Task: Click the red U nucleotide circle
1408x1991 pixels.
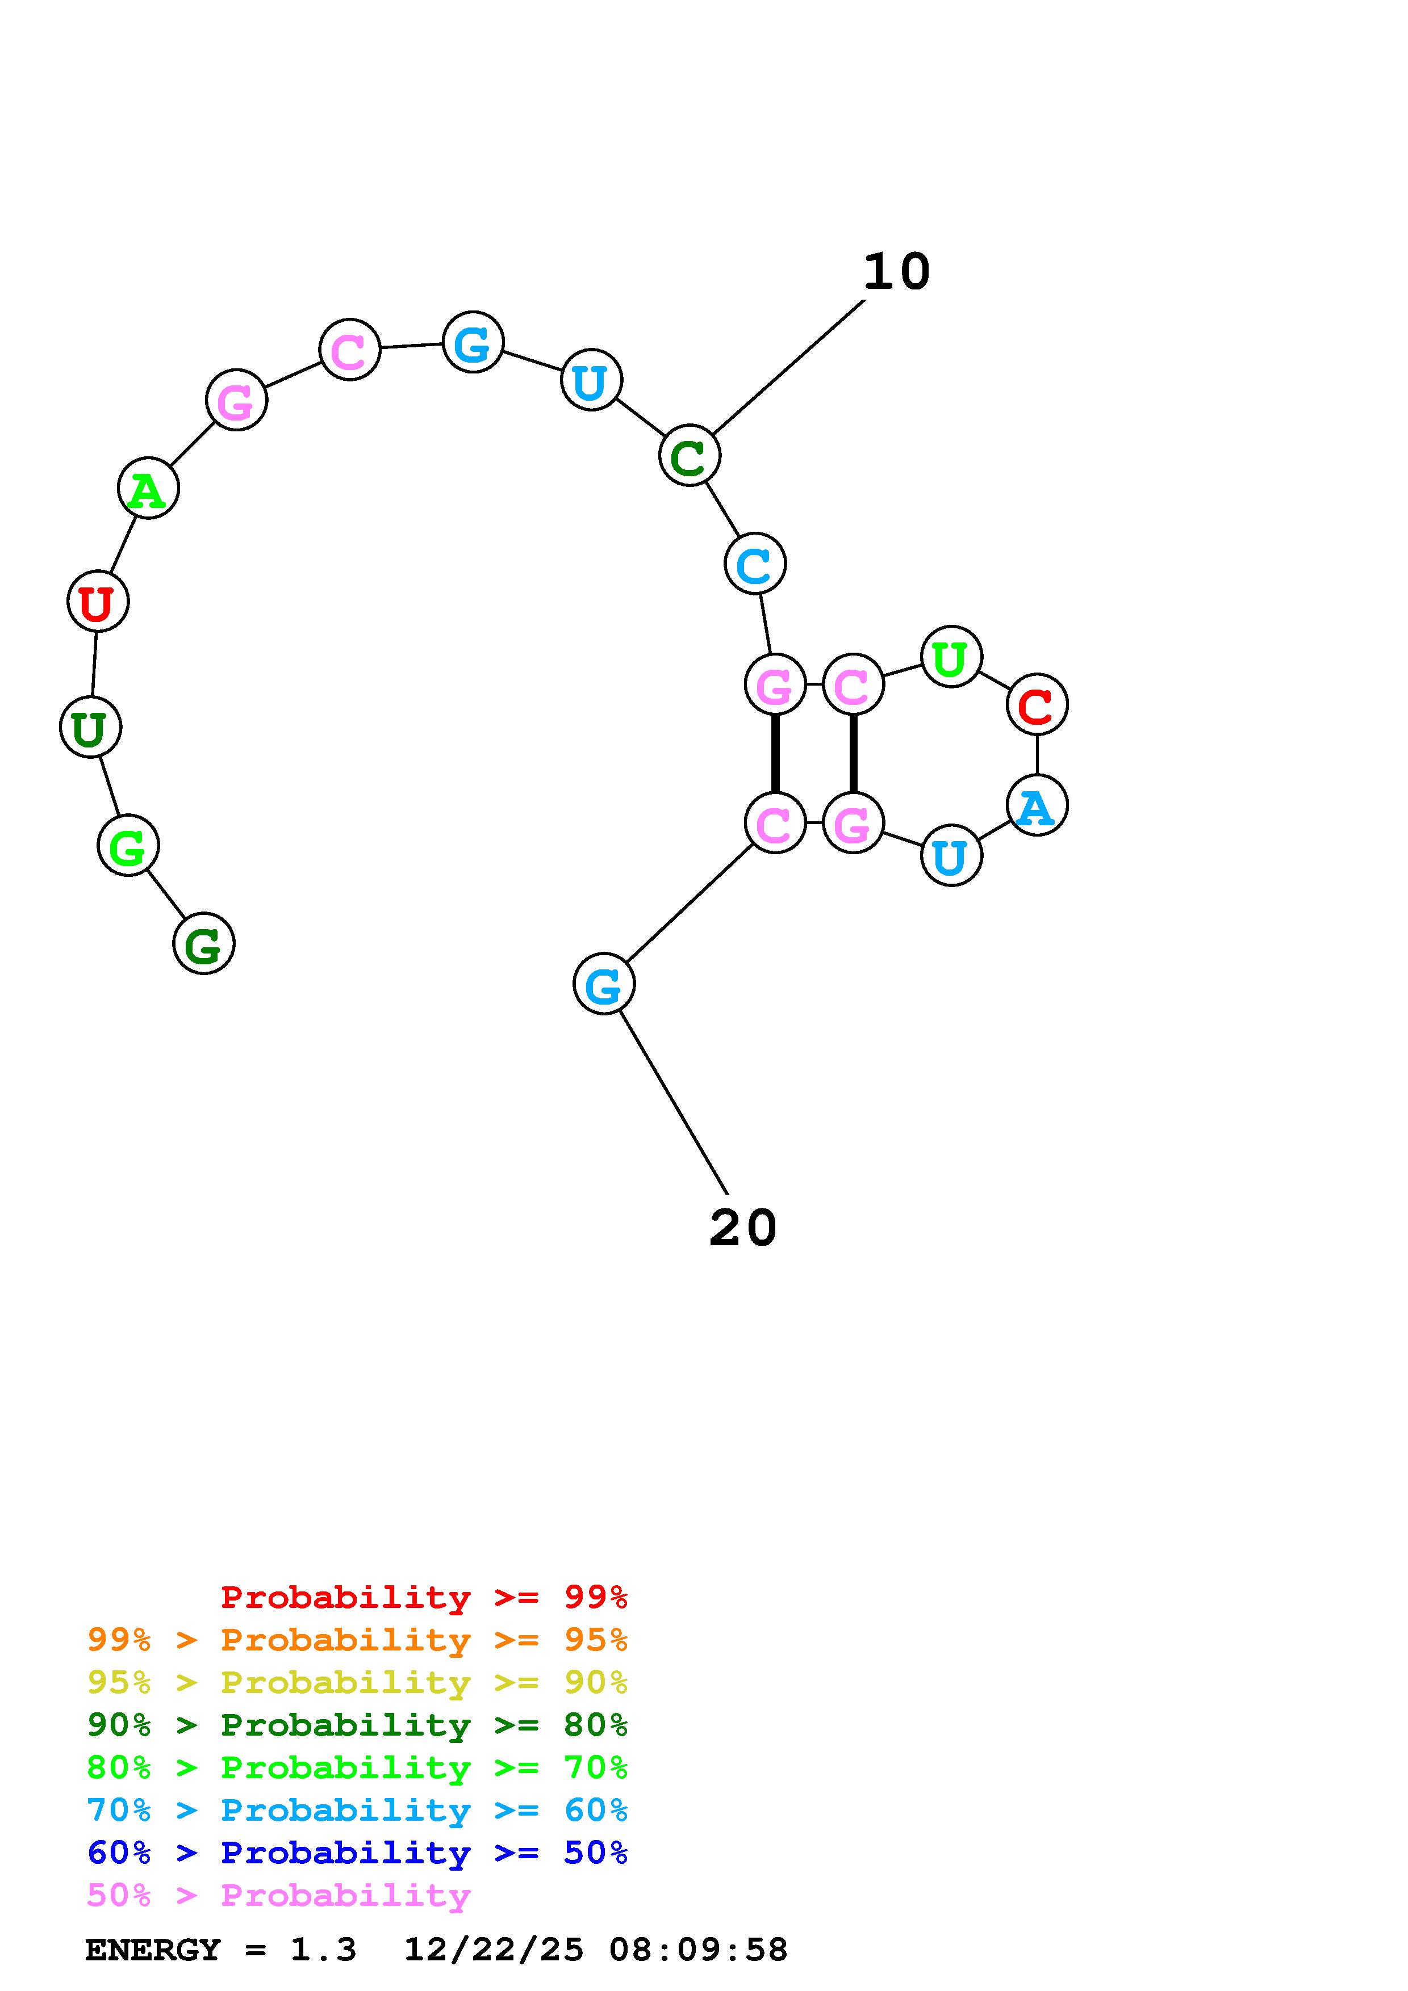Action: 98,601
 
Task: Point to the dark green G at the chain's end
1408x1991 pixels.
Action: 204,943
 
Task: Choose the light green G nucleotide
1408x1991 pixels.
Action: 128,846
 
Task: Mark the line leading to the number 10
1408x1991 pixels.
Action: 788,368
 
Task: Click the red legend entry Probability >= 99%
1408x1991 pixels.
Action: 424,1597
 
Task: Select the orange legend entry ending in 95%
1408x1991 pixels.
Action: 357,1640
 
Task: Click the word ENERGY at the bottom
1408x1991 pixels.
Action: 153,1950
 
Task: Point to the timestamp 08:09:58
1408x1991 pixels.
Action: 699,1950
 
